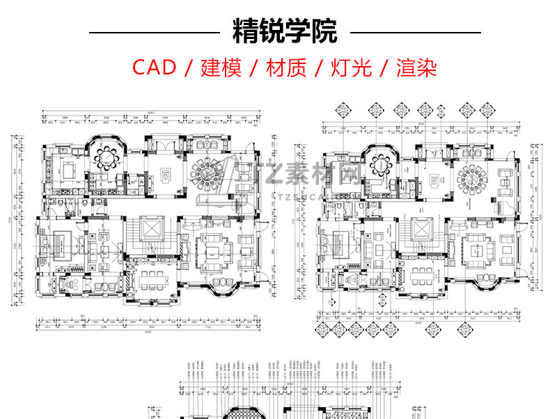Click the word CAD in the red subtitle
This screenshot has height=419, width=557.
coord(155,68)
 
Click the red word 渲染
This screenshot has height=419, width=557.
coord(416,68)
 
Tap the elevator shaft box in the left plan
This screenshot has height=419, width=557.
coord(150,228)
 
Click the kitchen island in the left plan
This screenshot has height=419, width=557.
coord(70,169)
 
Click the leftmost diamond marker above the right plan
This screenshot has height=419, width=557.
coord(345,110)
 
